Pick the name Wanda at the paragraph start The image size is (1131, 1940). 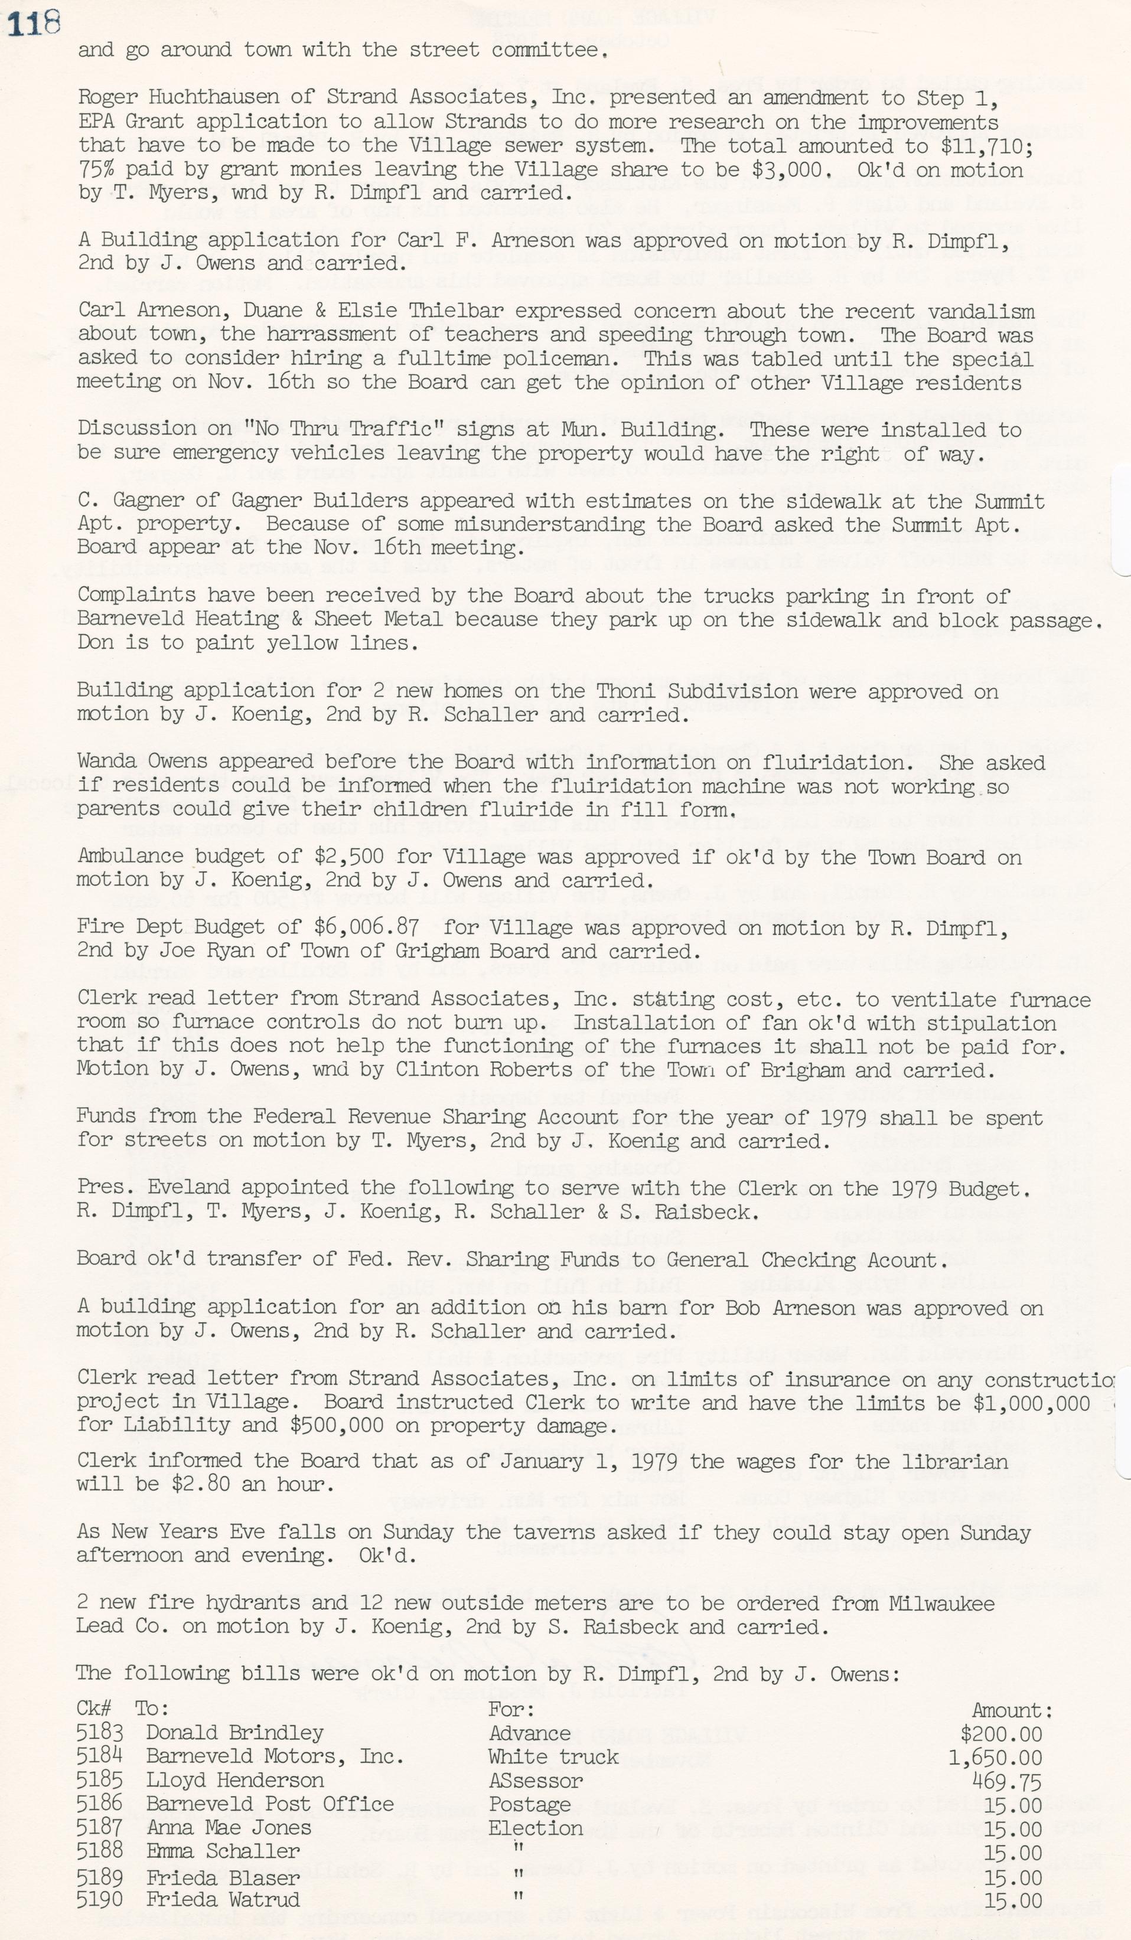[106, 762]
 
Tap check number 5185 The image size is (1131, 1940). [100, 1781]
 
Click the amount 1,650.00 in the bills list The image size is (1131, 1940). [995, 1758]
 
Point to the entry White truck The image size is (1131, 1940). [553, 1758]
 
